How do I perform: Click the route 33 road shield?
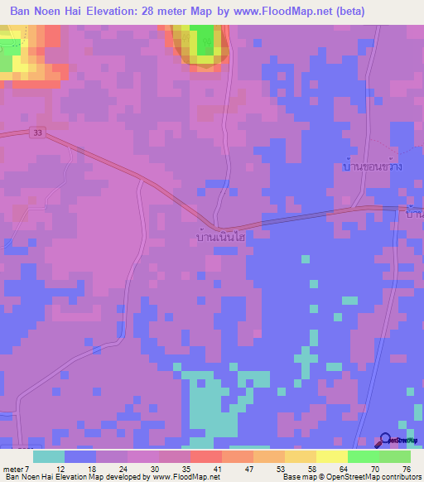37,133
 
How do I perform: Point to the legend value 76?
406,469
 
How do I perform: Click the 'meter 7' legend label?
17,469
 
